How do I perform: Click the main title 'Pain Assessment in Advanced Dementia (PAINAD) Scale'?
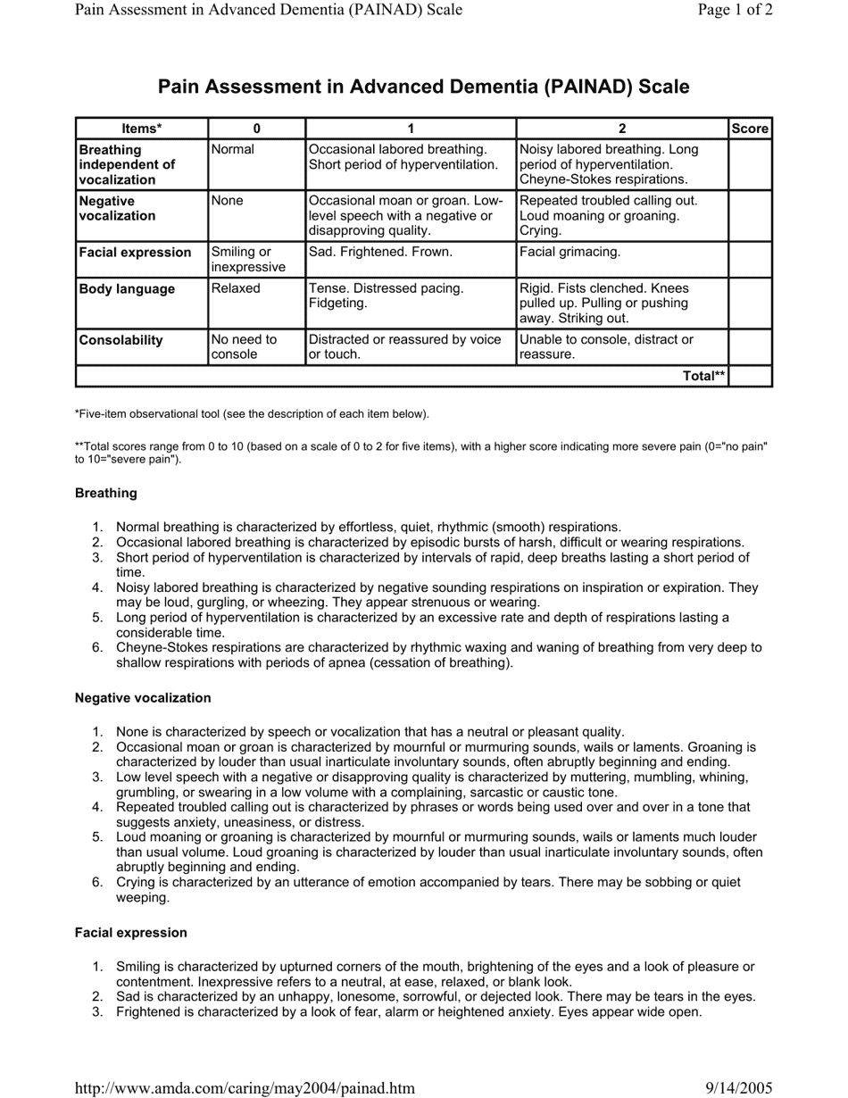[423, 87]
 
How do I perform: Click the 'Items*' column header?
[142, 129]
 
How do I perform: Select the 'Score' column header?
[750, 129]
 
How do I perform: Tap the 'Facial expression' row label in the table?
[135, 253]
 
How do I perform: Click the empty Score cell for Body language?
[750, 304]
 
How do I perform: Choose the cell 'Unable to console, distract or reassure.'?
[606, 347]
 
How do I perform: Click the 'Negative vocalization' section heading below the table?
[143, 698]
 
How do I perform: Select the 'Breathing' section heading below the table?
[106, 493]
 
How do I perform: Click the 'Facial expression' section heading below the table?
[131, 933]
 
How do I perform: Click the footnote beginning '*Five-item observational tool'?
[252, 414]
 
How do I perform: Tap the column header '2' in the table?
[622, 129]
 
